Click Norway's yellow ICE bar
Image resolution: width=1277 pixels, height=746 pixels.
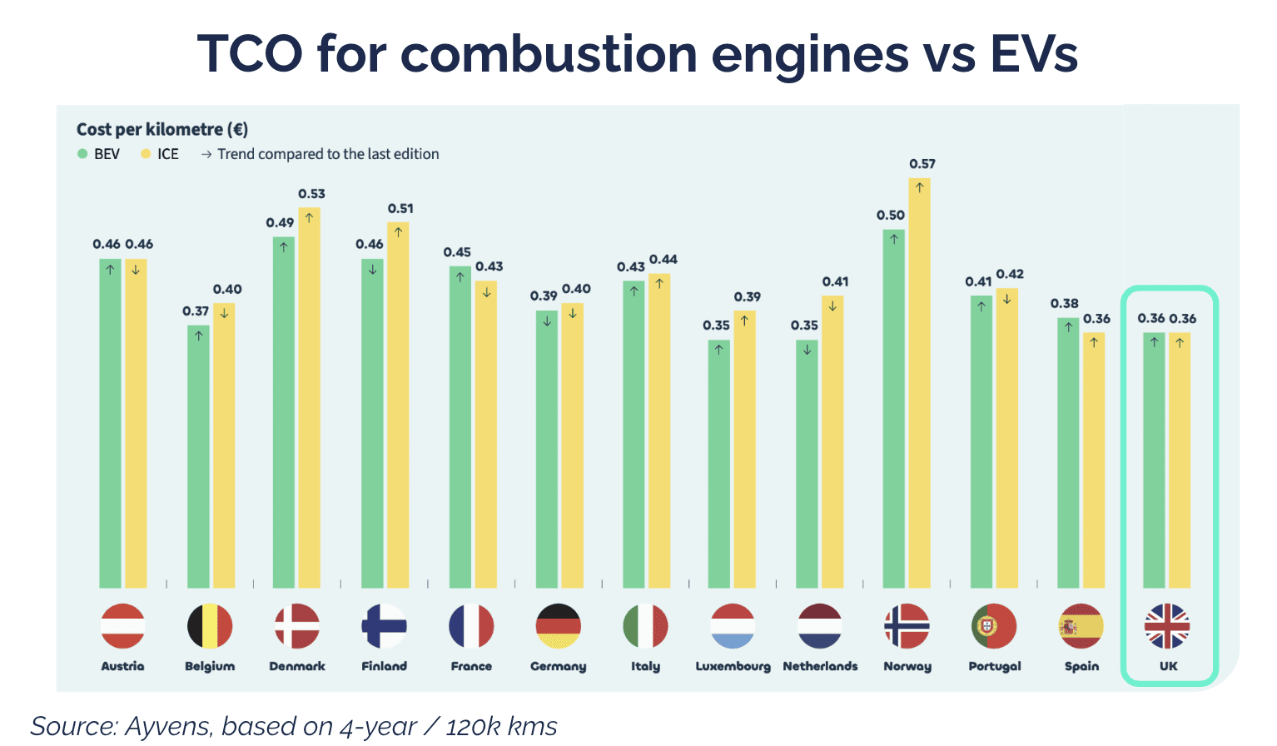919,383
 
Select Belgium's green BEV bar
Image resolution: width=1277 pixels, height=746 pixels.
198,456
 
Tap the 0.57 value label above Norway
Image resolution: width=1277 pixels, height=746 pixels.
922,164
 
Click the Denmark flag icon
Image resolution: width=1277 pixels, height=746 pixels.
297,625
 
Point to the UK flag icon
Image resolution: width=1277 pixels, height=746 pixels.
1167,625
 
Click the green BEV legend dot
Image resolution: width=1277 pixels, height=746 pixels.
82,154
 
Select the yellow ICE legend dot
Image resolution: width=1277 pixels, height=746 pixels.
146,154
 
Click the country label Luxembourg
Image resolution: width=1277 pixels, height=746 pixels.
733,666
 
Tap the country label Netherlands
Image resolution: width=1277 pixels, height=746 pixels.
820,666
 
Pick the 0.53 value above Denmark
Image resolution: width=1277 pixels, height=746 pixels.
311,194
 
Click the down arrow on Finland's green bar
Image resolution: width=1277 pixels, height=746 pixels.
372,270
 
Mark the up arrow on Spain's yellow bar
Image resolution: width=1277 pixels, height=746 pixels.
1093,342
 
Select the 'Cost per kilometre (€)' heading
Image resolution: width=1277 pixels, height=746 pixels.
162,129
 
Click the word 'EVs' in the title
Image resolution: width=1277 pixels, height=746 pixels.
1034,53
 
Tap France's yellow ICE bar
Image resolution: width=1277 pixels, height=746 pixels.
485,434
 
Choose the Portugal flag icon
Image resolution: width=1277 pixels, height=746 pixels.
994,625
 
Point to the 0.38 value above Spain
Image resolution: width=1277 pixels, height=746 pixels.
1064,303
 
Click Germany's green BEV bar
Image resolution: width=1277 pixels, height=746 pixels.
547,449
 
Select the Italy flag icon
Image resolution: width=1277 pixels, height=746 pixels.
645,625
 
